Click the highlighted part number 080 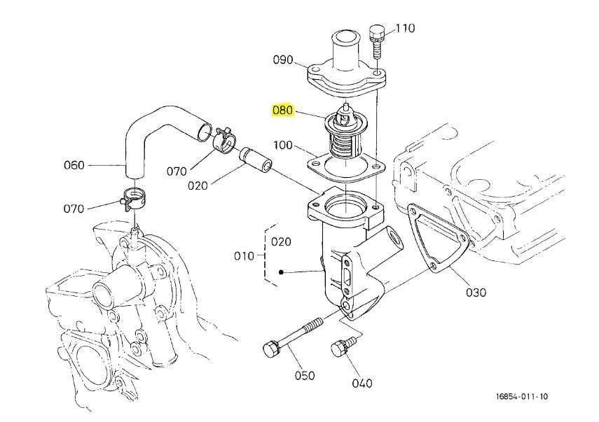tap(282, 111)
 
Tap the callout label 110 tap(405, 28)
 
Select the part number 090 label tap(283, 60)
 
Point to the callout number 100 tap(283, 145)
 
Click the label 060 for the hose tap(74, 165)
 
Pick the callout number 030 tap(476, 293)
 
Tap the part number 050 tap(305, 375)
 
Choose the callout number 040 tap(362, 383)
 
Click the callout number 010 tap(244, 256)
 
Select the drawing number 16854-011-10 tap(522, 396)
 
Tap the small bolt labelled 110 tap(376, 41)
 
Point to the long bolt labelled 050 tap(293, 337)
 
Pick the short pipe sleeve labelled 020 tap(256, 159)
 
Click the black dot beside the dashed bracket tap(281, 272)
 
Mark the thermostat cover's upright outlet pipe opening tap(345, 37)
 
